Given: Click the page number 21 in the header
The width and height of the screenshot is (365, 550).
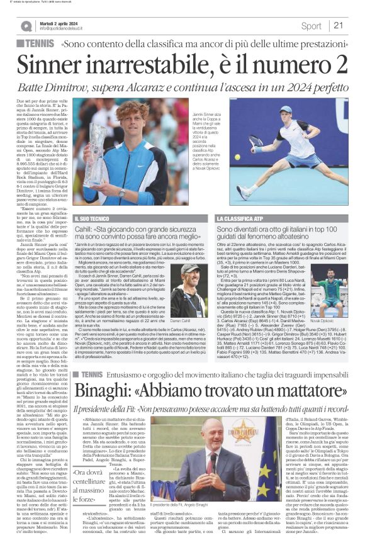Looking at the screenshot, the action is [x=338, y=26].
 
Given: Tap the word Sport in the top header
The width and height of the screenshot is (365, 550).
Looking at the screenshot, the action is [x=311, y=26].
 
